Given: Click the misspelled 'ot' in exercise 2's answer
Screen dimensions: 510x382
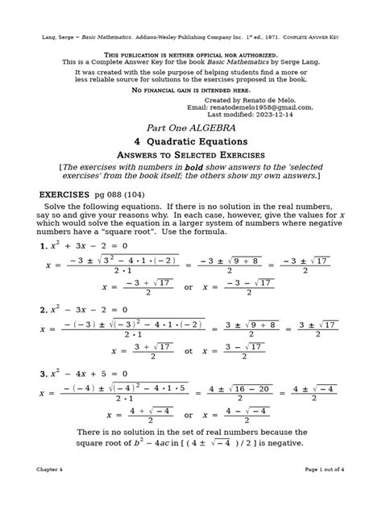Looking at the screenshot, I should (190, 349).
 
